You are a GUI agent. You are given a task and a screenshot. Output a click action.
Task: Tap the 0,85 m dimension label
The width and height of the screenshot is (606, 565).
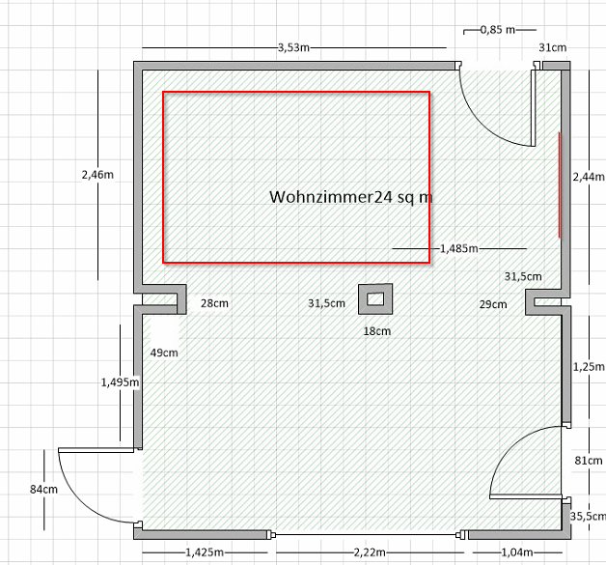pyautogui.click(x=497, y=29)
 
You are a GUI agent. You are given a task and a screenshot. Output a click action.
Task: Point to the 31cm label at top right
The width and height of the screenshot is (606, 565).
pyautogui.click(x=553, y=47)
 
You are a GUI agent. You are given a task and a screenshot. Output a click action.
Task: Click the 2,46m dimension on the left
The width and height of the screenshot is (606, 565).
pyautogui.click(x=98, y=175)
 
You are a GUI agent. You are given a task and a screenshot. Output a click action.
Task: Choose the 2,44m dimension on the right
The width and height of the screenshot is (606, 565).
pyautogui.click(x=588, y=177)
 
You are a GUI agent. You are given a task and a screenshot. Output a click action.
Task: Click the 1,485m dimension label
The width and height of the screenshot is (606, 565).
pyautogui.click(x=458, y=248)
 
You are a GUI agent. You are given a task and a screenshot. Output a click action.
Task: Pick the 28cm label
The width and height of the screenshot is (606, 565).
pyautogui.click(x=214, y=303)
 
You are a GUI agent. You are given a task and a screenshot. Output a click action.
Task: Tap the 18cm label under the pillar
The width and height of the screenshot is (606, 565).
pyautogui.click(x=376, y=331)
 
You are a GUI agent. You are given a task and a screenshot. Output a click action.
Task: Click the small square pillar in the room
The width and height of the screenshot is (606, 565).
pyautogui.click(x=373, y=299)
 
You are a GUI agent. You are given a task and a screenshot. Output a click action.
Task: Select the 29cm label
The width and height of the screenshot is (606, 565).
pyautogui.click(x=493, y=304)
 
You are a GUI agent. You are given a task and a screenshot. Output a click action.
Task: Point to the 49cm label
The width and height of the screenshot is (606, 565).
pyautogui.click(x=164, y=353)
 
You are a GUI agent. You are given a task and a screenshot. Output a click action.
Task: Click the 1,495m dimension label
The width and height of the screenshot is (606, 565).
pyautogui.click(x=121, y=382)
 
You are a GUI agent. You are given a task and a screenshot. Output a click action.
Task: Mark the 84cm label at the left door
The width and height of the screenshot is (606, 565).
pyautogui.click(x=43, y=490)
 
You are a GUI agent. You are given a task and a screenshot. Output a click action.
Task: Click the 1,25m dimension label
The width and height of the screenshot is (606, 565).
pyautogui.click(x=588, y=367)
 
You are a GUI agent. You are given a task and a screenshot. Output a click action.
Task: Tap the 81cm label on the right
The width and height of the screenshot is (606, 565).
pyautogui.click(x=588, y=461)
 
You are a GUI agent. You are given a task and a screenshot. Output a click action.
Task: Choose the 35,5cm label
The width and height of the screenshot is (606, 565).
pyautogui.click(x=588, y=517)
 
